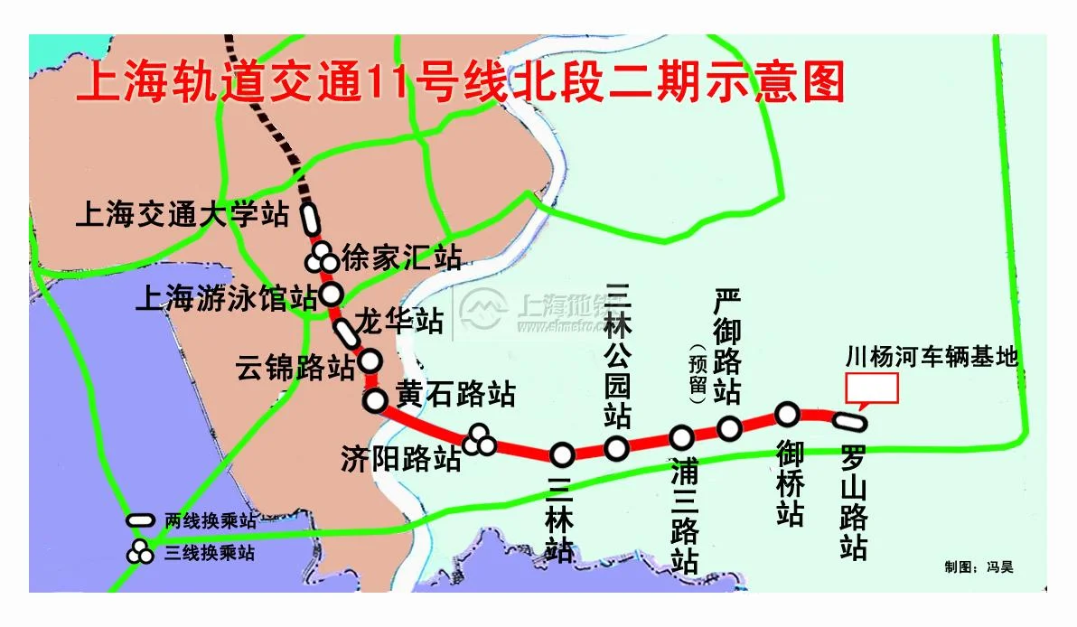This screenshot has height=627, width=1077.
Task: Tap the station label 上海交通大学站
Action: click(x=183, y=215)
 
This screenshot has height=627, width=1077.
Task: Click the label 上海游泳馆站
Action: click(x=226, y=297)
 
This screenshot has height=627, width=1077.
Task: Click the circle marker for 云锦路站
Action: click(x=370, y=361)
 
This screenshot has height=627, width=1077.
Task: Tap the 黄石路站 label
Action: click(x=455, y=394)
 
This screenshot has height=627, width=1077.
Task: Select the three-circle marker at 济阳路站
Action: click(x=480, y=441)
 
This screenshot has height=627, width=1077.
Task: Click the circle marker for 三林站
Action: click(x=562, y=454)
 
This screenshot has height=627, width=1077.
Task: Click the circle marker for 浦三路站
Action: click(x=681, y=438)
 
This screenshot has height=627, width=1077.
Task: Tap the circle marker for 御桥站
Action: click(x=787, y=414)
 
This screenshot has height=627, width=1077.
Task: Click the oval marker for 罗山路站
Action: click(x=849, y=421)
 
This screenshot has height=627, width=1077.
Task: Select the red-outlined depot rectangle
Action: click(x=871, y=388)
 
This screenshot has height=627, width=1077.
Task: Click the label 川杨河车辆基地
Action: click(x=931, y=357)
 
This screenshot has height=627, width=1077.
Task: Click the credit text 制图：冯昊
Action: click(x=979, y=567)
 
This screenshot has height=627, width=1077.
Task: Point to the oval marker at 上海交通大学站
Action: click(x=309, y=218)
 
